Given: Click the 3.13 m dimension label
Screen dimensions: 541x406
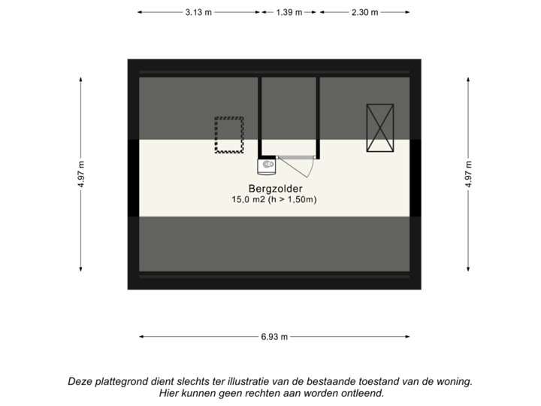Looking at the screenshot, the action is [x=198, y=13].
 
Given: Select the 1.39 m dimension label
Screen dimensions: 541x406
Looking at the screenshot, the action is [x=289, y=13].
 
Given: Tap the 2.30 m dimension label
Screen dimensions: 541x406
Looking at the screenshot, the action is [x=365, y=13].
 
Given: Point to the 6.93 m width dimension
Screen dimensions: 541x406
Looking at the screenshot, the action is [x=274, y=337].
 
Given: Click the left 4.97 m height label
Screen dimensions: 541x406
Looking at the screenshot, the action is [x=80, y=174].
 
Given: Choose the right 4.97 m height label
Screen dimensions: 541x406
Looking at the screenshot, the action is [x=468, y=174].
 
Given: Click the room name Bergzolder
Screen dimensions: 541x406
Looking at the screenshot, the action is [x=275, y=189].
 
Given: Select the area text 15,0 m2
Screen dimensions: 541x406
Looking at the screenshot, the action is [x=248, y=199].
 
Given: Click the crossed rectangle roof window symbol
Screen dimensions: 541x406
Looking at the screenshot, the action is [x=380, y=128].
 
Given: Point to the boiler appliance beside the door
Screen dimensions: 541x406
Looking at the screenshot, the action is [x=267, y=167].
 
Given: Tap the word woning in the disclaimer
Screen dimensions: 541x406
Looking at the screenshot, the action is [x=457, y=382].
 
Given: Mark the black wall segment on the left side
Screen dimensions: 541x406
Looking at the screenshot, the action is [x=133, y=177].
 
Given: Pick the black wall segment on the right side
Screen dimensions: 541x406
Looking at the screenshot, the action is [x=416, y=177].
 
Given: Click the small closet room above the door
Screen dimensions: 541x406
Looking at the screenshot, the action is [x=289, y=116].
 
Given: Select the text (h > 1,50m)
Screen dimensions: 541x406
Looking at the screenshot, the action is [x=292, y=199].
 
